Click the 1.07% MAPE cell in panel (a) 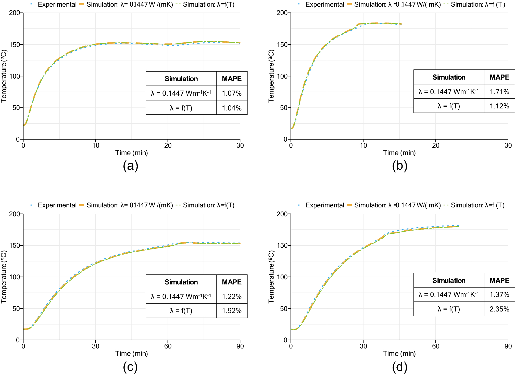pyautogui.click(x=232, y=93)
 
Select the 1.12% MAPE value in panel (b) pyautogui.click(x=499, y=106)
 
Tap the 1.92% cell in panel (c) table pyautogui.click(x=232, y=311)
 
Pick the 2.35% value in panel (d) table pyautogui.click(x=499, y=309)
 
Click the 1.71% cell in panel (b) pyautogui.click(x=499, y=92)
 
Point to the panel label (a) pyautogui.click(x=130, y=166)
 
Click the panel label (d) pyautogui.click(x=399, y=367)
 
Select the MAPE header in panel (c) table pyautogui.click(x=232, y=282)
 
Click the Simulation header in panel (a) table pyautogui.click(x=181, y=79)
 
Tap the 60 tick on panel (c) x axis pyautogui.click(x=168, y=346)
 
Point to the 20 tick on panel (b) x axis pyautogui.click(x=436, y=146)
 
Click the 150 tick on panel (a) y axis pyautogui.click(x=16, y=45)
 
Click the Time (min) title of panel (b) pyautogui.click(x=399, y=153)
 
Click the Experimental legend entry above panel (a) pyautogui.click(x=57, y=5)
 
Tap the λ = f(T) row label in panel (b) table pyautogui.click(x=449, y=106)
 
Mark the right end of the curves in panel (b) pyautogui.click(x=401, y=24)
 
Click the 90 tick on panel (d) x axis pyautogui.click(x=508, y=346)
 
